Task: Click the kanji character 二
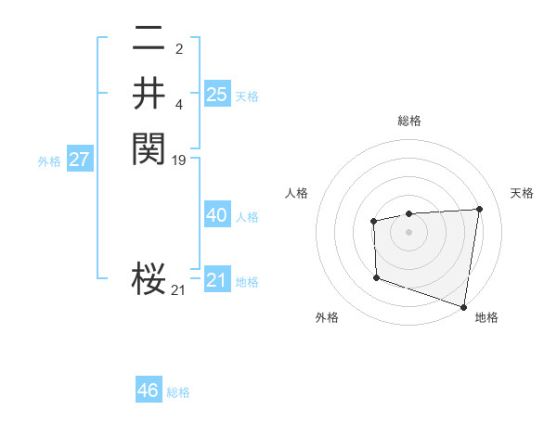(149, 38)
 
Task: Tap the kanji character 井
(149, 93)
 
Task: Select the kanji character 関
(149, 147)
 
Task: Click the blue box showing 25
(217, 94)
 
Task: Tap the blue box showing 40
(217, 215)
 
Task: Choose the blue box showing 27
(80, 160)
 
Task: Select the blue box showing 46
(149, 391)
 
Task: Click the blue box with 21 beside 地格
(217, 280)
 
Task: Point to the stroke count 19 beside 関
(180, 160)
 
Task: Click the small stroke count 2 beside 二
(178, 49)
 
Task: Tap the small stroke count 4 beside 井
(179, 104)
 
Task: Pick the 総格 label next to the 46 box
(178, 392)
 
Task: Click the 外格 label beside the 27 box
(49, 161)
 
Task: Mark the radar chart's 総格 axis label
(409, 121)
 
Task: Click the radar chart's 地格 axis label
(486, 317)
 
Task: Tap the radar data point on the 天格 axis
(479, 209)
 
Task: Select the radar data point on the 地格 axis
(464, 306)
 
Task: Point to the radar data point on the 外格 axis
(376, 277)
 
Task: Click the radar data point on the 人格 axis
(373, 221)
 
